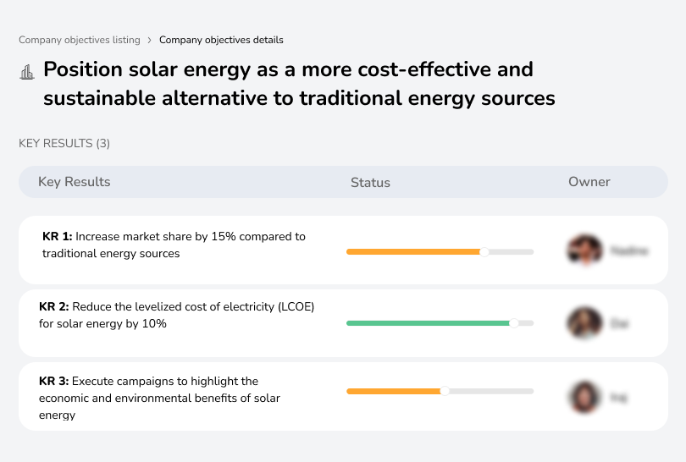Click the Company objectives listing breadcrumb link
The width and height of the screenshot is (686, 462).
pos(80,40)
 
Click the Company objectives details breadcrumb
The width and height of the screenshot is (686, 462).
pos(221,40)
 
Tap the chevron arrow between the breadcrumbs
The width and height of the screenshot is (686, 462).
pos(150,40)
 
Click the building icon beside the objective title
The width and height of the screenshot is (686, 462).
pos(27,72)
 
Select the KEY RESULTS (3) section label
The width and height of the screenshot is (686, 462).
pos(64,144)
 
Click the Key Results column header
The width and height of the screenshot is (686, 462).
pos(74,182)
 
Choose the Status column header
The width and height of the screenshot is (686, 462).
pos(370,183)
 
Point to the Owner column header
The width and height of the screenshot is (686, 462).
pos(589,182)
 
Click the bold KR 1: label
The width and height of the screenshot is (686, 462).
pos(58,237)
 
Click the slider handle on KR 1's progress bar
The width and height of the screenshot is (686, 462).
pos(484,251)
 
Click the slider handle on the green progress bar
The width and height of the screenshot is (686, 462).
pos(513,323)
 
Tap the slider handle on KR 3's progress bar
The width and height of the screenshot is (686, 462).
pos(445,391)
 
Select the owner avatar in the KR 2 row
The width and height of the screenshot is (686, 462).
pos(584,322)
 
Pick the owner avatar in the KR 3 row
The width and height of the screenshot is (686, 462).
pos(584,396)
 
